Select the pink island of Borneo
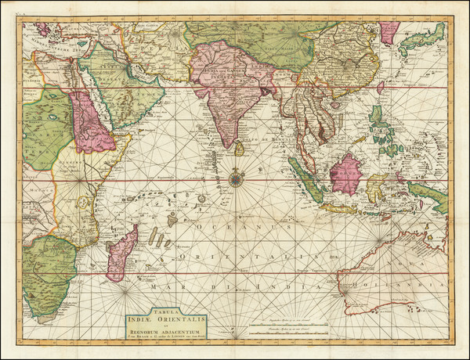[345, 173]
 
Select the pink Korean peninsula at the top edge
[389, 31]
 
